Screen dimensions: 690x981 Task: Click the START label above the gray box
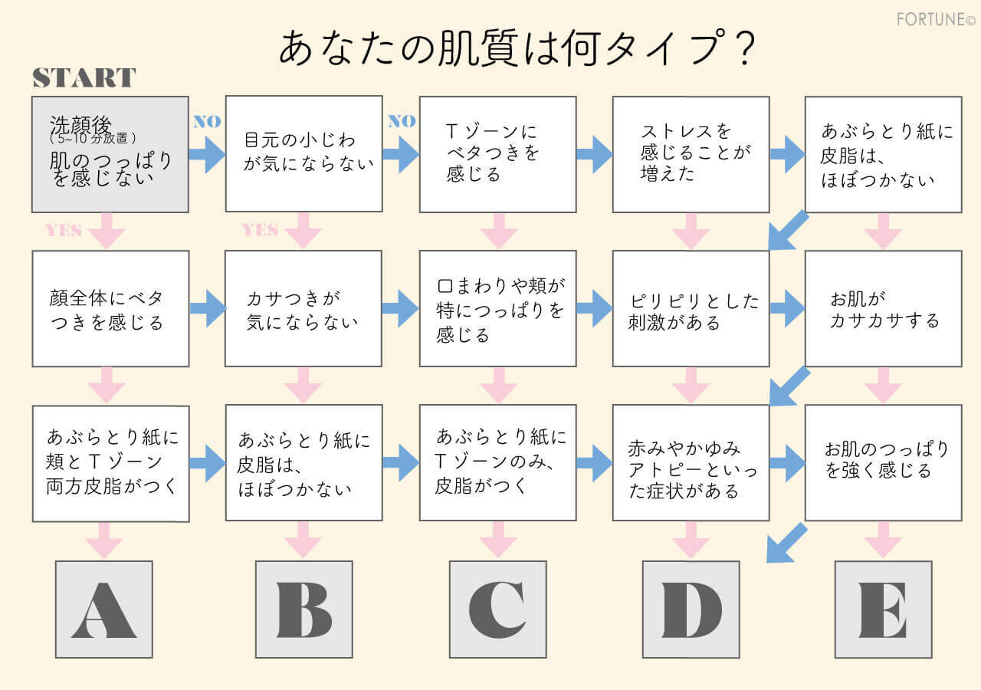[84, 78]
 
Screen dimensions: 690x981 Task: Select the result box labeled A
[104, 609]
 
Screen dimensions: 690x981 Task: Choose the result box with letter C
[497, 609]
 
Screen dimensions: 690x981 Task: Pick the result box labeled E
[883, 609]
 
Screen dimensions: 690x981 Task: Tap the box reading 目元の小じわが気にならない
[303, 153]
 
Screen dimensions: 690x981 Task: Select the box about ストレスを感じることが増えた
[691, 153]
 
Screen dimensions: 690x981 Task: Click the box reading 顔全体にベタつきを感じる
[110, 308]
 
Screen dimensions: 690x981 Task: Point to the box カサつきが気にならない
[303, 308]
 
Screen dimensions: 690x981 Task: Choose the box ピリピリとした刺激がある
[691, 308]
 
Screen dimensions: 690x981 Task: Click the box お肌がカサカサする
[883, 308]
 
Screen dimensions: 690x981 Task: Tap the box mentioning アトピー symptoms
[691, 463]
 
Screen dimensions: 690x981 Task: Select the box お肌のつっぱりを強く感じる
[883, 463]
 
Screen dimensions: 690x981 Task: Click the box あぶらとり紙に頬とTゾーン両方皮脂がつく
[110, 463]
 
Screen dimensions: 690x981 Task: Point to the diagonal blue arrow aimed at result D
[786, 543]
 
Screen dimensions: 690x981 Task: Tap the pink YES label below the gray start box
[63, 230]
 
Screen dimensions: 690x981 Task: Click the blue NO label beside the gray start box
[206, 121]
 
